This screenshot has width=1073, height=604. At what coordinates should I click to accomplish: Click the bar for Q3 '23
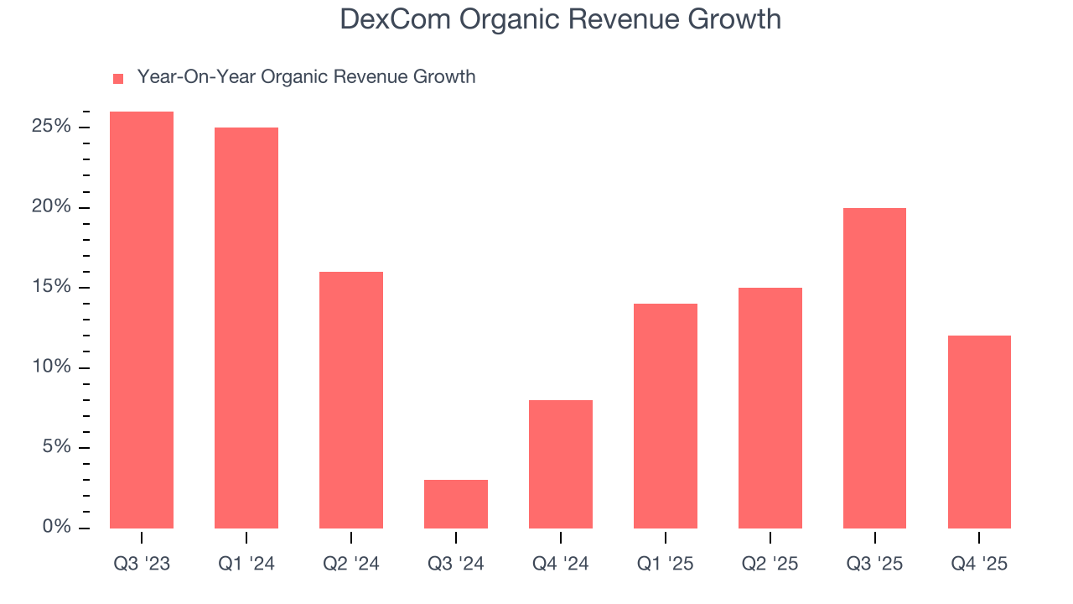(x=142, y=320)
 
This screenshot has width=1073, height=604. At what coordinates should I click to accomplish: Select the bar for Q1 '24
(x=246, y=328)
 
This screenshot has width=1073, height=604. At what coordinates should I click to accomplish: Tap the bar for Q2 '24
(x=351, y=400)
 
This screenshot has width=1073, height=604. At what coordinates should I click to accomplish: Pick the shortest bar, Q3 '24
(x=456, y=504)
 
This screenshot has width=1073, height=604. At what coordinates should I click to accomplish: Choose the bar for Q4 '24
(x=561, y=464)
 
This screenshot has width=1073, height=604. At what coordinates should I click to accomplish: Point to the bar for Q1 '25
(x=666, y=416)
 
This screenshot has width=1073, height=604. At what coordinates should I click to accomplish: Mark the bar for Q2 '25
(x=770, y=408)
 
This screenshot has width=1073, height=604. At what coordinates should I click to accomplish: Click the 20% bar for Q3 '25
(x=874, y=368)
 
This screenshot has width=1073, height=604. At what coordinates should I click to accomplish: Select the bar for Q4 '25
(x=979, y=432)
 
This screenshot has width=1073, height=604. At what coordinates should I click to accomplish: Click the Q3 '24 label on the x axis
(x=456, y=564)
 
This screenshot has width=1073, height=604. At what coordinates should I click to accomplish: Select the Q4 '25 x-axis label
(x=979, y=564)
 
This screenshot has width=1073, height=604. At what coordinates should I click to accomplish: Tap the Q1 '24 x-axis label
(x=246, y=564)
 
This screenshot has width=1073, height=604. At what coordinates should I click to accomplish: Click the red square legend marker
(x=118, y=78)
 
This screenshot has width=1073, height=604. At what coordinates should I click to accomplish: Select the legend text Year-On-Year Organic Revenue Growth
(x=306, y=77)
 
